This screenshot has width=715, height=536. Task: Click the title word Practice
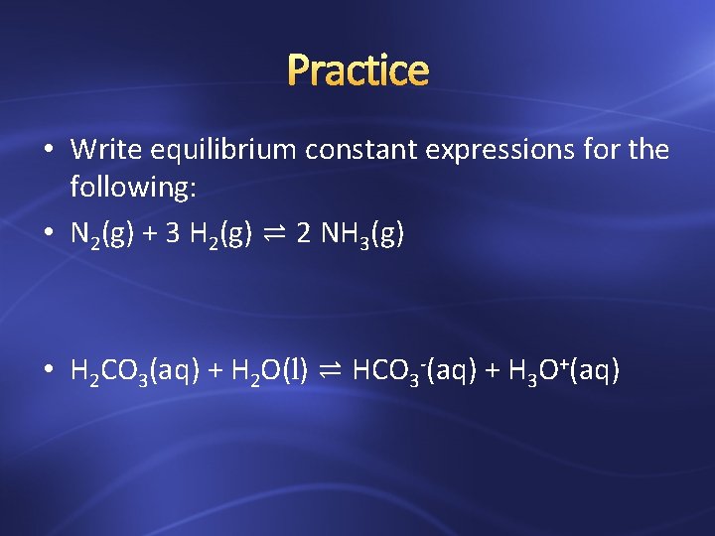click(x=357, y=70)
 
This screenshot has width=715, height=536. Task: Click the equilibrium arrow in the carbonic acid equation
click(x=332, y=372)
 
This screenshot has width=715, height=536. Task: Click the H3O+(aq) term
click(x=564, y=372)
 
